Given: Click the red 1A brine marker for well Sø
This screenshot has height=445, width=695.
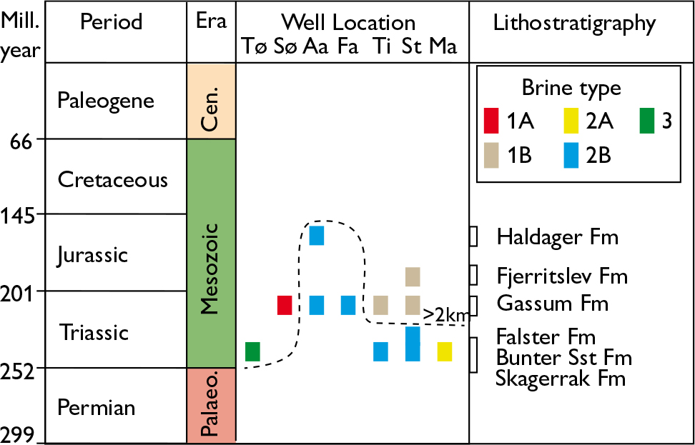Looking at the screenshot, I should (x=285, y=305).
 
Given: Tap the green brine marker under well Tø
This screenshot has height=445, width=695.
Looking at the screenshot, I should (x=252, y=351).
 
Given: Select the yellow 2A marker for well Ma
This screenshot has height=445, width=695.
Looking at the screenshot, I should (x=445, y=351).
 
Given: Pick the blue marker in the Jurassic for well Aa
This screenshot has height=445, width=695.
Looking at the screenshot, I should (x=316, y=235).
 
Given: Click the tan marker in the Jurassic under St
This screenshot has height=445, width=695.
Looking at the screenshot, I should (x=413, y=276).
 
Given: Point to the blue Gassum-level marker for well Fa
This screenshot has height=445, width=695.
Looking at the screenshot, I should (x=348, y=305).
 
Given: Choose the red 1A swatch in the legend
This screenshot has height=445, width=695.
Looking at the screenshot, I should (x=491, y=121).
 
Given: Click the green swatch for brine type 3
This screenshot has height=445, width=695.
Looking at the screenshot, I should (x=646, y=121).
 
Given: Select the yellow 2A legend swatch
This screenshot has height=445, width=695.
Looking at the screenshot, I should (x=570, y=121).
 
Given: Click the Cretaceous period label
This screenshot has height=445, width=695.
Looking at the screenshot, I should (x=113, y=179).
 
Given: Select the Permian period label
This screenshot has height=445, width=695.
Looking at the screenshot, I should (x=97, y=408).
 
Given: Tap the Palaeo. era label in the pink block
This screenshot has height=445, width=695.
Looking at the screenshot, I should (x=211, y=406).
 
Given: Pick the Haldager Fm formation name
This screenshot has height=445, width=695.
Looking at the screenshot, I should (x=556, y=236).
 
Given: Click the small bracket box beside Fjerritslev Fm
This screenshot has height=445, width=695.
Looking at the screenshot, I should (x=473, y=275).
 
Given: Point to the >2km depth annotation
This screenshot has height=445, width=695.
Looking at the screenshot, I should (x=443, y=314).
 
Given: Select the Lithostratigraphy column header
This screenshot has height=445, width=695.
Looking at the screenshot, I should (x=575, y=24).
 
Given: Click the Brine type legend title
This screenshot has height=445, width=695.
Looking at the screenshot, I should (x=571, y=88).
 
